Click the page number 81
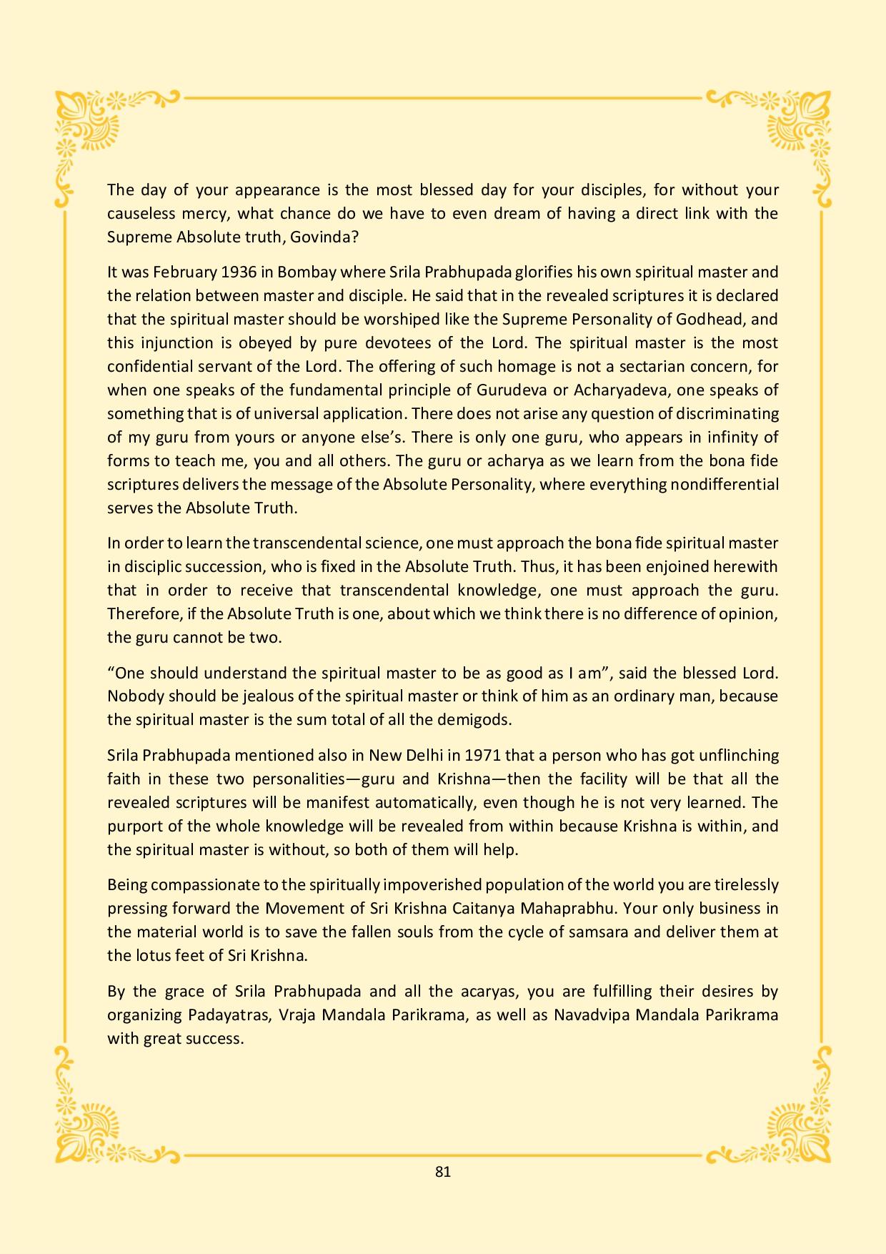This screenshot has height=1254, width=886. click(x=442, y=1171)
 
